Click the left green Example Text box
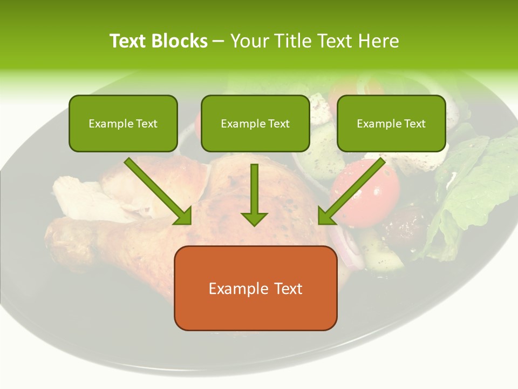tap(123, 123)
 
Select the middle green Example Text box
tap(255, 123)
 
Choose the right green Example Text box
tap(391, 123)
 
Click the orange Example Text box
tap(255, 288)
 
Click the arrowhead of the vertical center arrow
tap(254, 219)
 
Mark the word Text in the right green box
tap(414, 124)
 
